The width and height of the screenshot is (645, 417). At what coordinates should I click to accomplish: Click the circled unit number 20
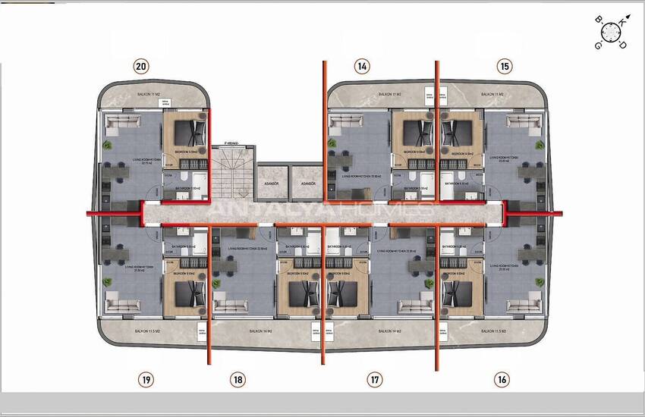pyautogui.click(x=140, y=66)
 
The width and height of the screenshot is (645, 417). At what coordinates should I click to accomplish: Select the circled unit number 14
pyautogui.click(x=363, y=66)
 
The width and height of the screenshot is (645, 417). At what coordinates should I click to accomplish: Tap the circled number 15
pyautogui.click(x=505, y=66)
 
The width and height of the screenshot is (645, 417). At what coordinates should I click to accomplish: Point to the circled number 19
pyautogui.click(x=146, y=379)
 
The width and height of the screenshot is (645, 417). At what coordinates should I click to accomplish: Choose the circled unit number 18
pyautogui.click(x=238, y=379)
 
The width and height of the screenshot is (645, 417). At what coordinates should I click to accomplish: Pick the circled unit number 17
pyautogui.click(x=374, y=379)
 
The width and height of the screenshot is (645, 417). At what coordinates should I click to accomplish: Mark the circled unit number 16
pyautogui.click(x=501, y=379)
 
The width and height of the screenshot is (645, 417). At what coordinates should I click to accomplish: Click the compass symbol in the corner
pyautogui.click(x=611, y=32)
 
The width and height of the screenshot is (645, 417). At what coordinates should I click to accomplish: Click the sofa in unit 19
pyautogui.click(x=121, y=306)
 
